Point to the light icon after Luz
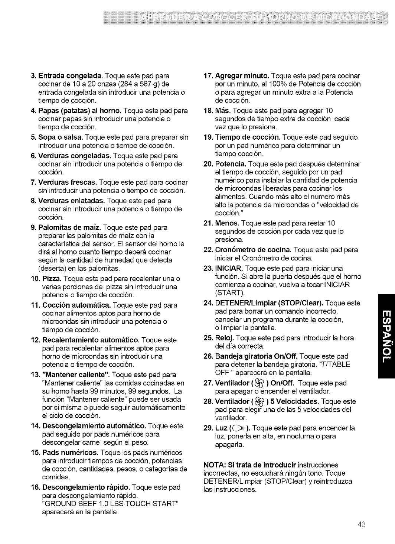(x=240, y=428)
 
